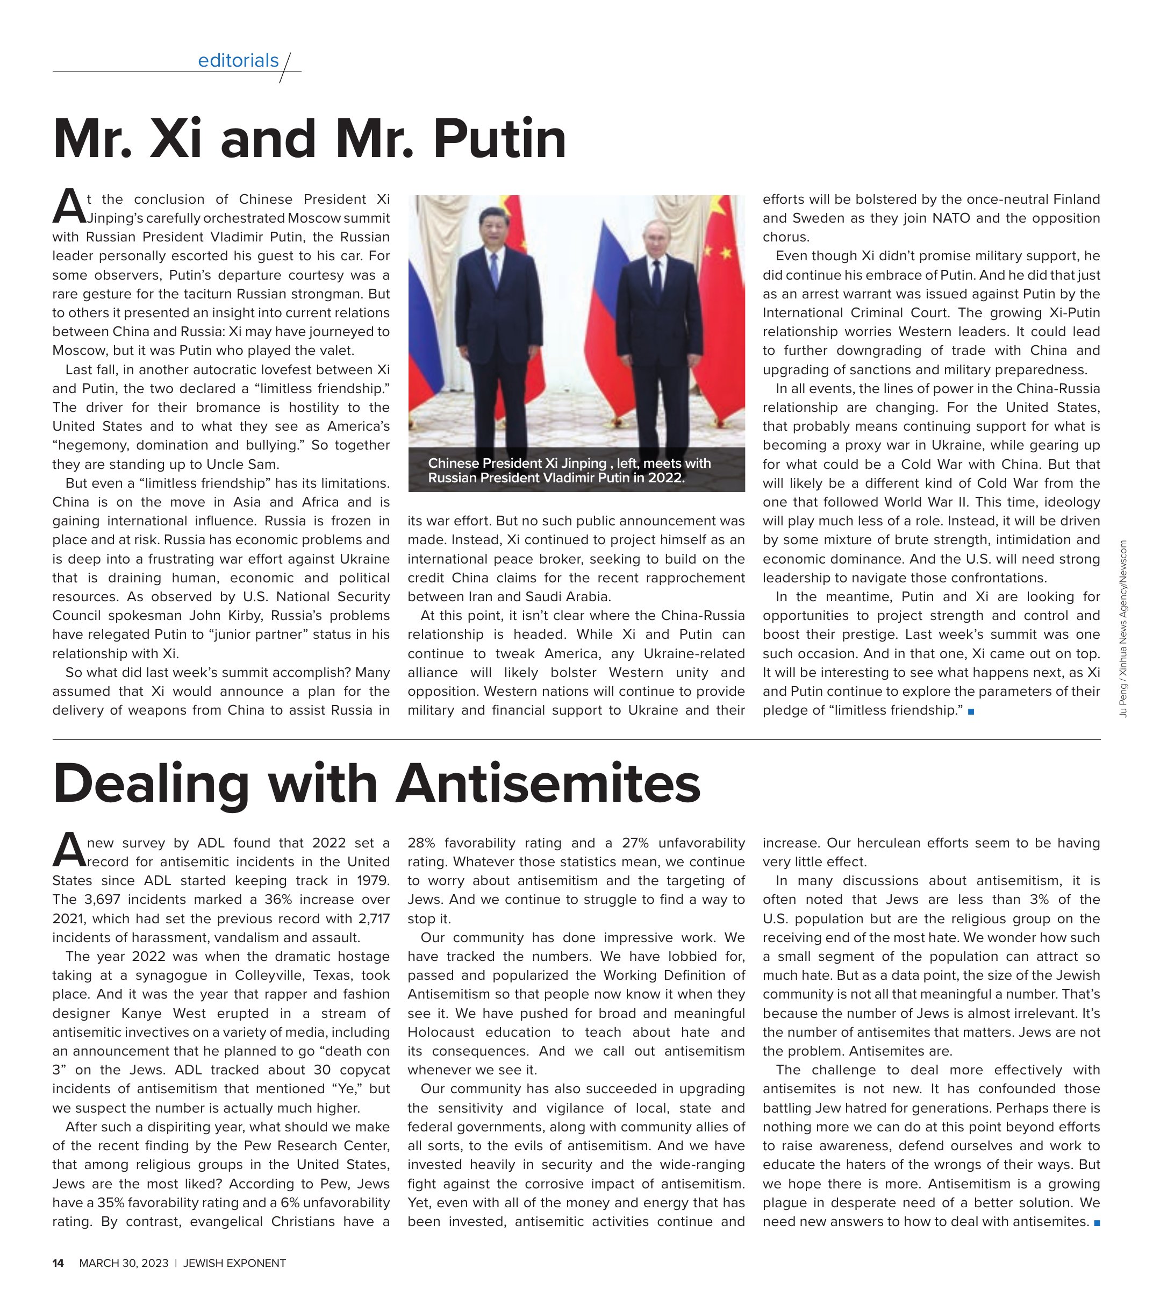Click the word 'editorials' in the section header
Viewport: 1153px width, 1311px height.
[x=238, y=60]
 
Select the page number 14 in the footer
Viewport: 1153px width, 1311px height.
[x=58, y=1263]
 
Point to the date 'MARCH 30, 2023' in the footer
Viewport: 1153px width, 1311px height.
[x=124, y=1263]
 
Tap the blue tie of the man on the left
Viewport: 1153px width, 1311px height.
[x=494, y=270]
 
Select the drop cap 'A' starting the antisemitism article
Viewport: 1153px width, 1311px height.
[x=68, y=850]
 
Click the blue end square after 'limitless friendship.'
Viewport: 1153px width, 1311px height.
[x=971, y=711]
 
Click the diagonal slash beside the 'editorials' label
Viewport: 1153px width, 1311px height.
[x=286, y=67]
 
